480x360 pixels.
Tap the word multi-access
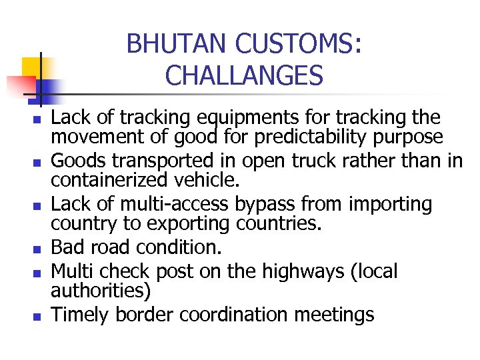(173, 204)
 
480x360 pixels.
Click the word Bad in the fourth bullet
(66, 247)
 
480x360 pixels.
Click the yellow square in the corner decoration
(32, 67)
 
